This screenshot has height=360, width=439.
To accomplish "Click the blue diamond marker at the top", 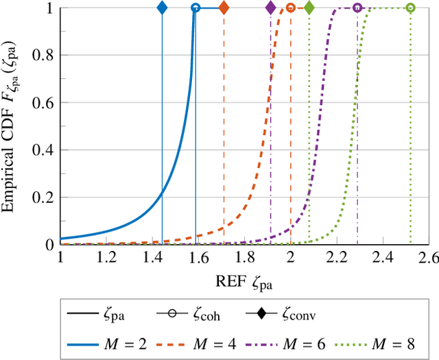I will [162, 8].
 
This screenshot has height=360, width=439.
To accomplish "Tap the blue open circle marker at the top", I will [195, 8].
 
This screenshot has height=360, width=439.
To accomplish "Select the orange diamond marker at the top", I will [224, 8].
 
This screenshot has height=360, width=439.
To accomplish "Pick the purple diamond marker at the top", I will [270, 8].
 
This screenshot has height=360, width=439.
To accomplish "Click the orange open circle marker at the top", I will [291, 8].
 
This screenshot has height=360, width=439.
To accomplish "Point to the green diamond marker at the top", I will [309, 8].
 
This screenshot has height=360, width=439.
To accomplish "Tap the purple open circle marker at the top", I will [357, 8].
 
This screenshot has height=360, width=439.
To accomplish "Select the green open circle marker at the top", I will [410, 8].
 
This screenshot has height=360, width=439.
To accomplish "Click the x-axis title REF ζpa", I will [245, 280].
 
